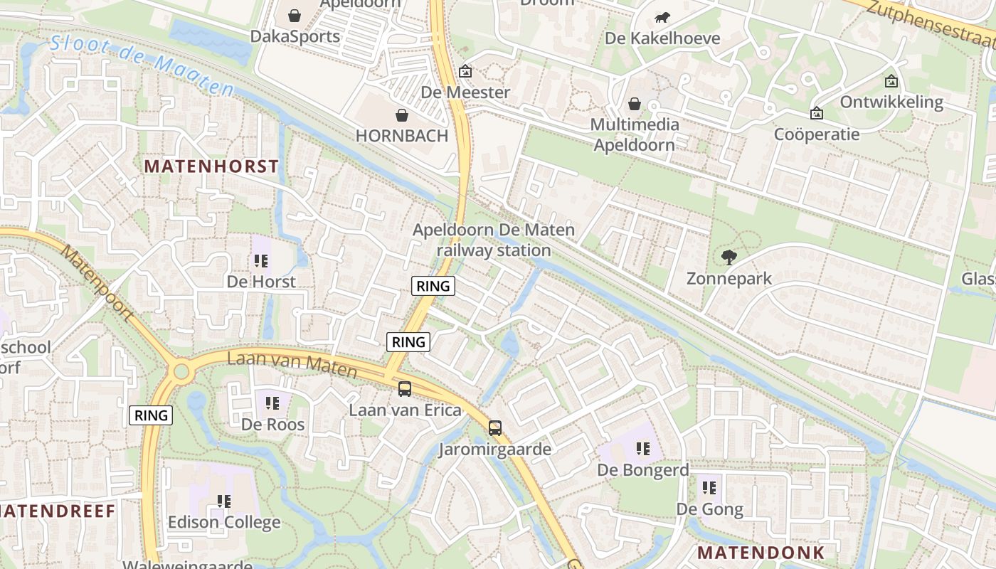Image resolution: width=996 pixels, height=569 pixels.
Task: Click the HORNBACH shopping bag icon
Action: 402,115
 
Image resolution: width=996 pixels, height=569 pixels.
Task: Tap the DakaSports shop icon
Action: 295,15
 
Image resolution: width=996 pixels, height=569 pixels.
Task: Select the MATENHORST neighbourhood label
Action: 211,166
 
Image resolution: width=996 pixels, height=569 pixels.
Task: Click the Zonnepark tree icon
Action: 729,257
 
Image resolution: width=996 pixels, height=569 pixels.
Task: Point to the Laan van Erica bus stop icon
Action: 405,389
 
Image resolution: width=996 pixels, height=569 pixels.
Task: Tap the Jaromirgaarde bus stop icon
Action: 495,428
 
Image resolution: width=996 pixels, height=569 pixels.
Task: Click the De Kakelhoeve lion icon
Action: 662,17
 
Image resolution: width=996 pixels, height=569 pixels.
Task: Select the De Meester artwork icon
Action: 465,71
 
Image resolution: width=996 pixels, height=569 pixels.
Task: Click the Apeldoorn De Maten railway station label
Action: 494,240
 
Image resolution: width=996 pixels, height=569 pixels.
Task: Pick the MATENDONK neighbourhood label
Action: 761,553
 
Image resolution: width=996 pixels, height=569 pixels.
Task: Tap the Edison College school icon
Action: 224,501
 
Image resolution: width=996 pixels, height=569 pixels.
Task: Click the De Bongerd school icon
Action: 643,449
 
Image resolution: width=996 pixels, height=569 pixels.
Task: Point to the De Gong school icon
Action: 709,488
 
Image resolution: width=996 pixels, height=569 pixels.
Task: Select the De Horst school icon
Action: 261,260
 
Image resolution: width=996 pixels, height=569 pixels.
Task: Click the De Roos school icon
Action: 272,403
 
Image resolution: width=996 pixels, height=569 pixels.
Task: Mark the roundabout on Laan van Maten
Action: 181,371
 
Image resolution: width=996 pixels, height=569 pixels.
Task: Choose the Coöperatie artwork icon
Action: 817,113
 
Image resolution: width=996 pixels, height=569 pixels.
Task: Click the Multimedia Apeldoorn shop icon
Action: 635,105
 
